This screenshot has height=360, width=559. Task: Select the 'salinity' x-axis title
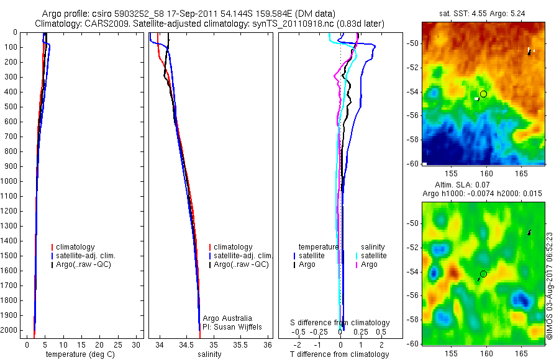(x=209, y=354)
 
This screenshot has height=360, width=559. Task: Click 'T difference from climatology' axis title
(x=339, y=354)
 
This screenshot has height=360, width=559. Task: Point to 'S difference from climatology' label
(x=340, y=323)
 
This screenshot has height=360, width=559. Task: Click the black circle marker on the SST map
(x=483, y=94)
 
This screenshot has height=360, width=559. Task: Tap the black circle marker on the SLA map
(x=483, y=274)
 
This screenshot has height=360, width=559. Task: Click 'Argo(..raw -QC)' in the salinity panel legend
(x=241, y=264)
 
